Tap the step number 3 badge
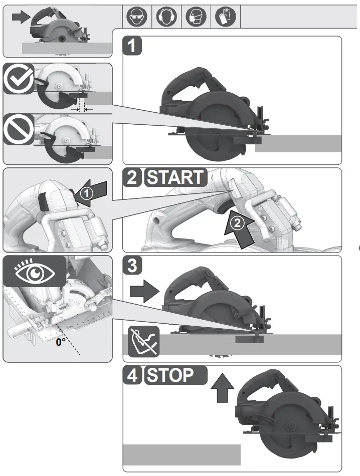point(132,266)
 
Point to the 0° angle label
point(61,342)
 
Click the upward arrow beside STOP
point(222,387)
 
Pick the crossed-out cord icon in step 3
point(143,341)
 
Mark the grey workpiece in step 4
point(182,454)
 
